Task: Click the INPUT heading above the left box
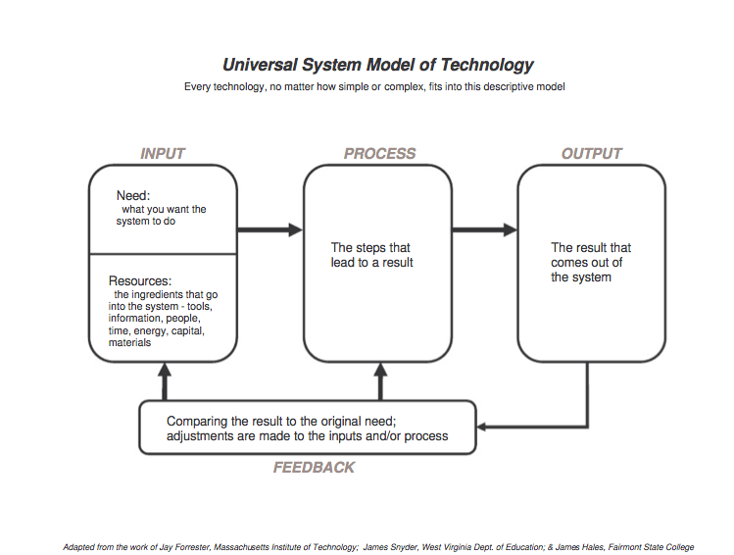point(163,154)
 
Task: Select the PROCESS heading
point(379,154)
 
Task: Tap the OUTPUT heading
point(592,154)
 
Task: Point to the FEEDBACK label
point(314,468)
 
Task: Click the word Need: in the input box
point(133,196)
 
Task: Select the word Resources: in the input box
point(140,281)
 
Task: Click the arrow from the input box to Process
point(270,229)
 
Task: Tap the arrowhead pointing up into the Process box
point(379,371)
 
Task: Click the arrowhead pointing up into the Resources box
point(165,371)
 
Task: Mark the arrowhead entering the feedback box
point(483,427)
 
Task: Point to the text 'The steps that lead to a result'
point(371,255)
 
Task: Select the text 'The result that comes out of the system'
point(591,263)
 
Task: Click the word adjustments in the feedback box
point(207,435)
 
